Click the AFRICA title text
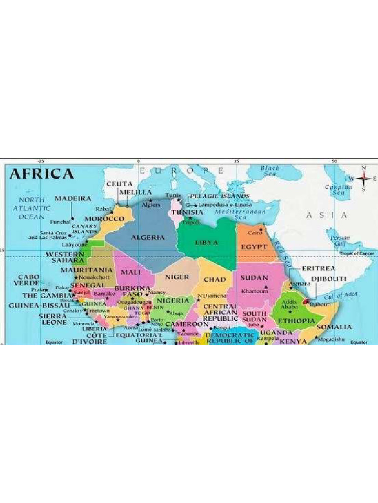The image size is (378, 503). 42,173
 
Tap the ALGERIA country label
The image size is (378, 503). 148,237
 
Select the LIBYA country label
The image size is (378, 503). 206,243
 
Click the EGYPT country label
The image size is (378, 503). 254,246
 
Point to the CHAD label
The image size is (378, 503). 215,279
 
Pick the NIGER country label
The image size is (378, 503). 177,277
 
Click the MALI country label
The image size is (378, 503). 131,272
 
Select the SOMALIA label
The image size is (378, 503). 334,327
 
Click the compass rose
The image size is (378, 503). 364,178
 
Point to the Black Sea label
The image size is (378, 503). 270,170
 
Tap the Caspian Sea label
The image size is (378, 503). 339,190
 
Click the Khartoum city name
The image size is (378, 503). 254,291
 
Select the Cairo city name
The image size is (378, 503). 254,233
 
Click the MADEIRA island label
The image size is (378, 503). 73,198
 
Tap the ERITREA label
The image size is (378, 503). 318,269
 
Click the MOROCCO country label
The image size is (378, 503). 104,218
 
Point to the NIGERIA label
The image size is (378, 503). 173,300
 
